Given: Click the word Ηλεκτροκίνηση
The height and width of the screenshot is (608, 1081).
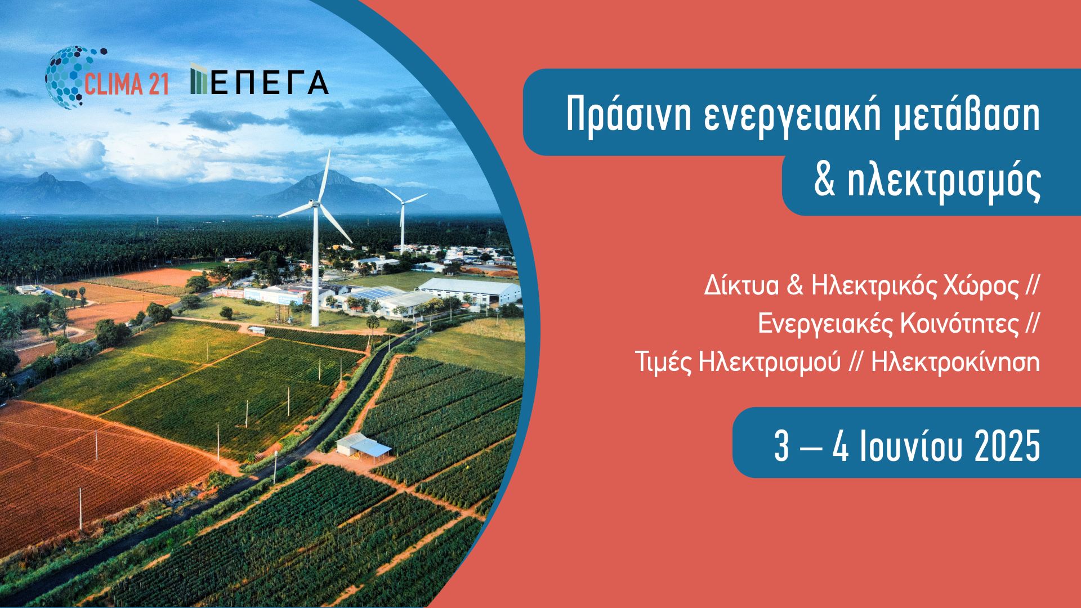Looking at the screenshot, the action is point(955,363).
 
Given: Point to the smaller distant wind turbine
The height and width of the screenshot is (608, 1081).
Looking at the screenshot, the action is point(403,220).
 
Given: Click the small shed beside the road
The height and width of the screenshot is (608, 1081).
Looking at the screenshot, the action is point(364,446).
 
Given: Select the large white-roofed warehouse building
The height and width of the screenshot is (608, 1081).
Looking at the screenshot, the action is point(470,290).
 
